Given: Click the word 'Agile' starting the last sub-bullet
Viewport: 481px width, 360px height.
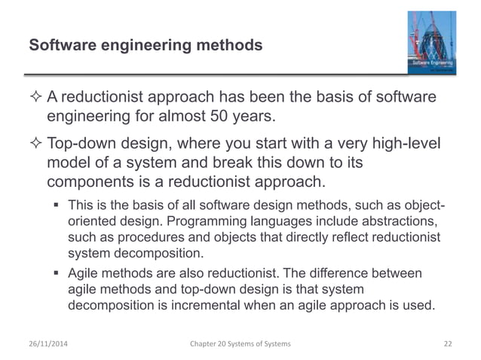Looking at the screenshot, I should tap(84, 273).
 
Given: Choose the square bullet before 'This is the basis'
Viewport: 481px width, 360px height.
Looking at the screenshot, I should tap(57, 204).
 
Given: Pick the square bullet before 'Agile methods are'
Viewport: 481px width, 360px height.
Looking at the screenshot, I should tap(57, 273).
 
